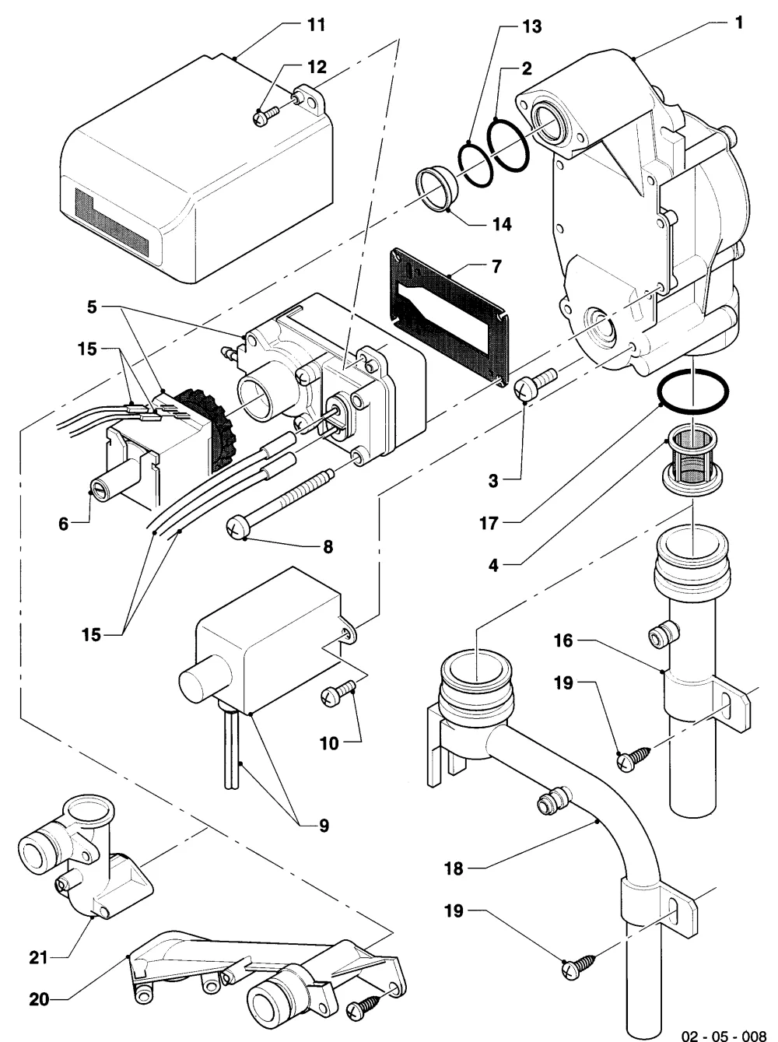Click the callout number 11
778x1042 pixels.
click(x=317, y=25)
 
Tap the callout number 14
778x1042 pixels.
click(x=502, y=223)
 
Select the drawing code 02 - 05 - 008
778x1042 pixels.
click(x=724, y=1032)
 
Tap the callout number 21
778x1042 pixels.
click(x=38, y=957)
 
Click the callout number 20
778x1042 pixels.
click(x=39, y=999)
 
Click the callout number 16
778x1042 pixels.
click(x=563, y=640)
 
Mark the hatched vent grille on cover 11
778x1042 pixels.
click(x=113, y=221)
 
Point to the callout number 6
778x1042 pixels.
click(x=63, y=524)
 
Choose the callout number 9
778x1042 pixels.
click(x=324, y=826)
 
